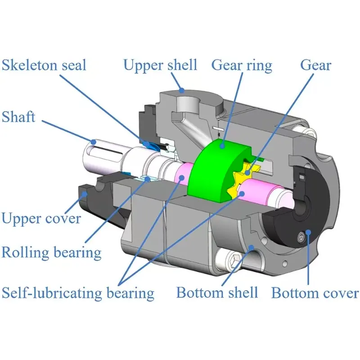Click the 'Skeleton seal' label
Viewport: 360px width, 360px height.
[44, 65]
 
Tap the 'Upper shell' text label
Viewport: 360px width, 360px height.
[160, 65]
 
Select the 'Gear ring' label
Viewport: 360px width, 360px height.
[242, 65]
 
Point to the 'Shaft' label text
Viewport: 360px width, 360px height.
[18, 117]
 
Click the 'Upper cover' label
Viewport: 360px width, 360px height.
[41, 218]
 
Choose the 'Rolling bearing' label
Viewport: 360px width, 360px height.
[51, 252]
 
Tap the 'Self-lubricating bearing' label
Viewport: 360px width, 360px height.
[78, 293]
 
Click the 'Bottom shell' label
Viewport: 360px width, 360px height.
[217, 293]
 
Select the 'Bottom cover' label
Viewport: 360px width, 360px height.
[315, 293]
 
